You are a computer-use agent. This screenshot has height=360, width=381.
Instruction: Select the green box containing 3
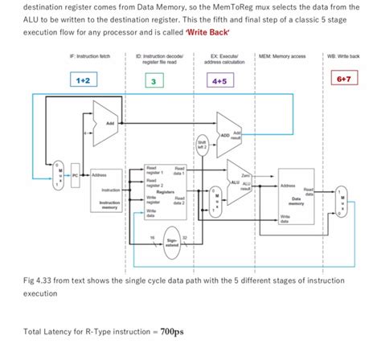pos(153,81)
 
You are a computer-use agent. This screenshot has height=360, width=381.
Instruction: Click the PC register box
pos(77,174)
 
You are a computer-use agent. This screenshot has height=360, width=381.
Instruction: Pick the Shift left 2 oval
pos(203,146)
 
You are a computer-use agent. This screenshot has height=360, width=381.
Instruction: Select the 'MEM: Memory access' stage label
pos(281,57)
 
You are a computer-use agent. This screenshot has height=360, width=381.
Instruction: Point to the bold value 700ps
pos(172,331)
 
